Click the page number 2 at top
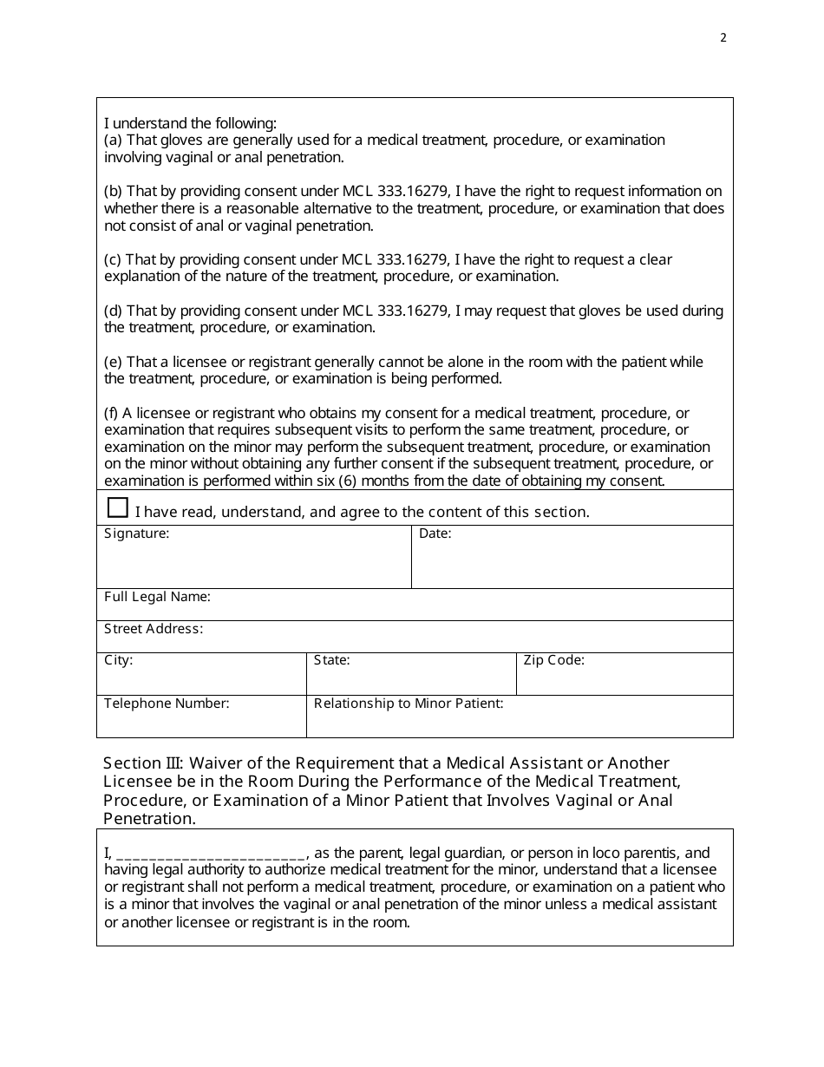(x=723, y=37)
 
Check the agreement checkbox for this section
(x=117, y=507)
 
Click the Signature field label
(x=136, y=534)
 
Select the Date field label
(x=435, y=534)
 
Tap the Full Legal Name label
(x=157, y=597)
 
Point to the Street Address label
(x=154, y=629)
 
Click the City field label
(x=118, y=660)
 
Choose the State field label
(x=331, y=660)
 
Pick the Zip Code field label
(x=553, y=660)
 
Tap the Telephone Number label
(x=167, y=704)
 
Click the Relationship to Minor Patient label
(x=408, y=704)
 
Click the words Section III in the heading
(x=142, y=763)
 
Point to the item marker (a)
(x=114, y=141)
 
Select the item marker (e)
(x=114, y=362)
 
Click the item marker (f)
(x=112, y=413)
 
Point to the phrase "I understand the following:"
(x=190, y=123)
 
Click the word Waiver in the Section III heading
(x=214, y=763)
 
